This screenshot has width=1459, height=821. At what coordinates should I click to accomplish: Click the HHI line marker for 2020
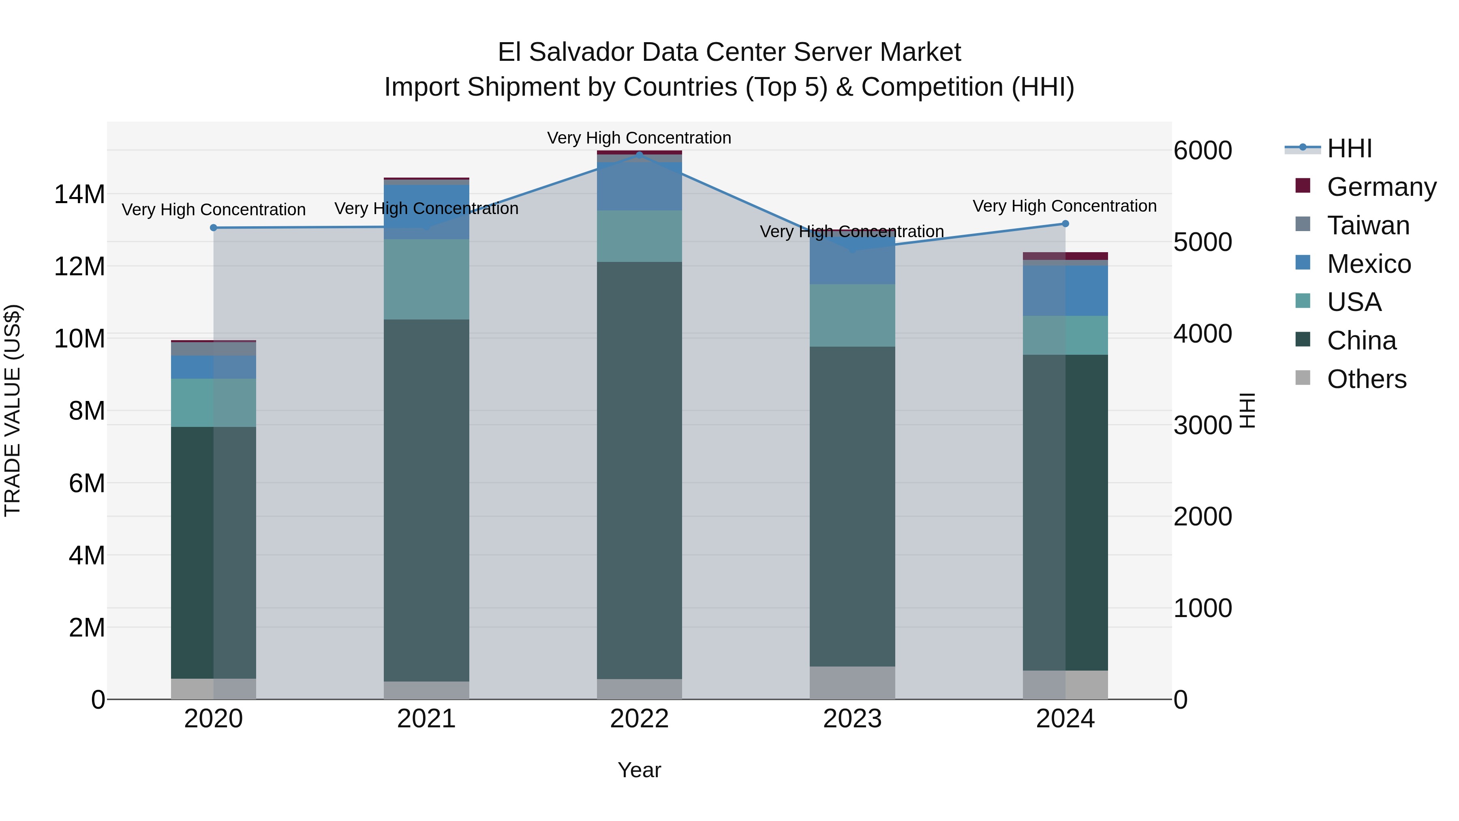(x=214, y=228)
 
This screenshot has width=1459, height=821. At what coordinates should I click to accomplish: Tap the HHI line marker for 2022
(x=640, y=155)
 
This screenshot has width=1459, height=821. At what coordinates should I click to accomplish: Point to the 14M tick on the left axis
(x=79, y=194)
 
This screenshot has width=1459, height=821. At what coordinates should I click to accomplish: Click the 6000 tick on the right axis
(x=1202, y=151)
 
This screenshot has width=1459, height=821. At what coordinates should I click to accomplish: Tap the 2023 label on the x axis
(x=852, y=719)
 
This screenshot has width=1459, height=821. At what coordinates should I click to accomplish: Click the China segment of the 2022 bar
(x=640, y=470)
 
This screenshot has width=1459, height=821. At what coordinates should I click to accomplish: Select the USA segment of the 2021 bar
(x=426, y=279)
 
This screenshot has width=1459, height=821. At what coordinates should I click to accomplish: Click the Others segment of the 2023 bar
(x=852, y=682)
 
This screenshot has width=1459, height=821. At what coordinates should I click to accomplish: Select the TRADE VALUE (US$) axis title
(x=13, y=410)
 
